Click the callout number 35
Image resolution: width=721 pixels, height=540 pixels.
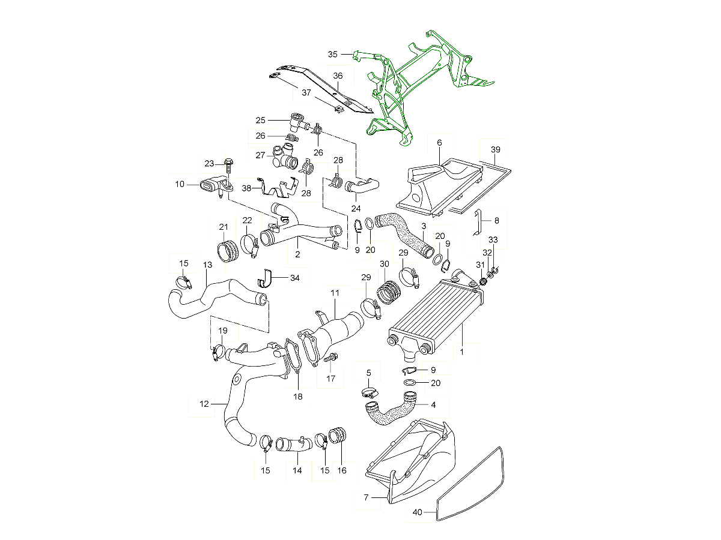[332, 54]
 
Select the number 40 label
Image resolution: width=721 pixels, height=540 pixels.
[418, 512]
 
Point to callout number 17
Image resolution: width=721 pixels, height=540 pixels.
[330, 379]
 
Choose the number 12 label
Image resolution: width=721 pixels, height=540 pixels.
[204, 404]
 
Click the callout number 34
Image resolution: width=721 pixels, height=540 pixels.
[294, 278]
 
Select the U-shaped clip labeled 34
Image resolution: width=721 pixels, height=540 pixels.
[265, 279]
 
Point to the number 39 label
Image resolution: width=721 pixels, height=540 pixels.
[495, 149]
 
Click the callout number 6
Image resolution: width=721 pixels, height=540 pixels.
[439, 143]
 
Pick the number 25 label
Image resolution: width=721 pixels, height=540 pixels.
[260, 119]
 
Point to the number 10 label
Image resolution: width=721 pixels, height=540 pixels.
[180, 184]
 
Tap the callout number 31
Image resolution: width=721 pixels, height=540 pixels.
[480, 265]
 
